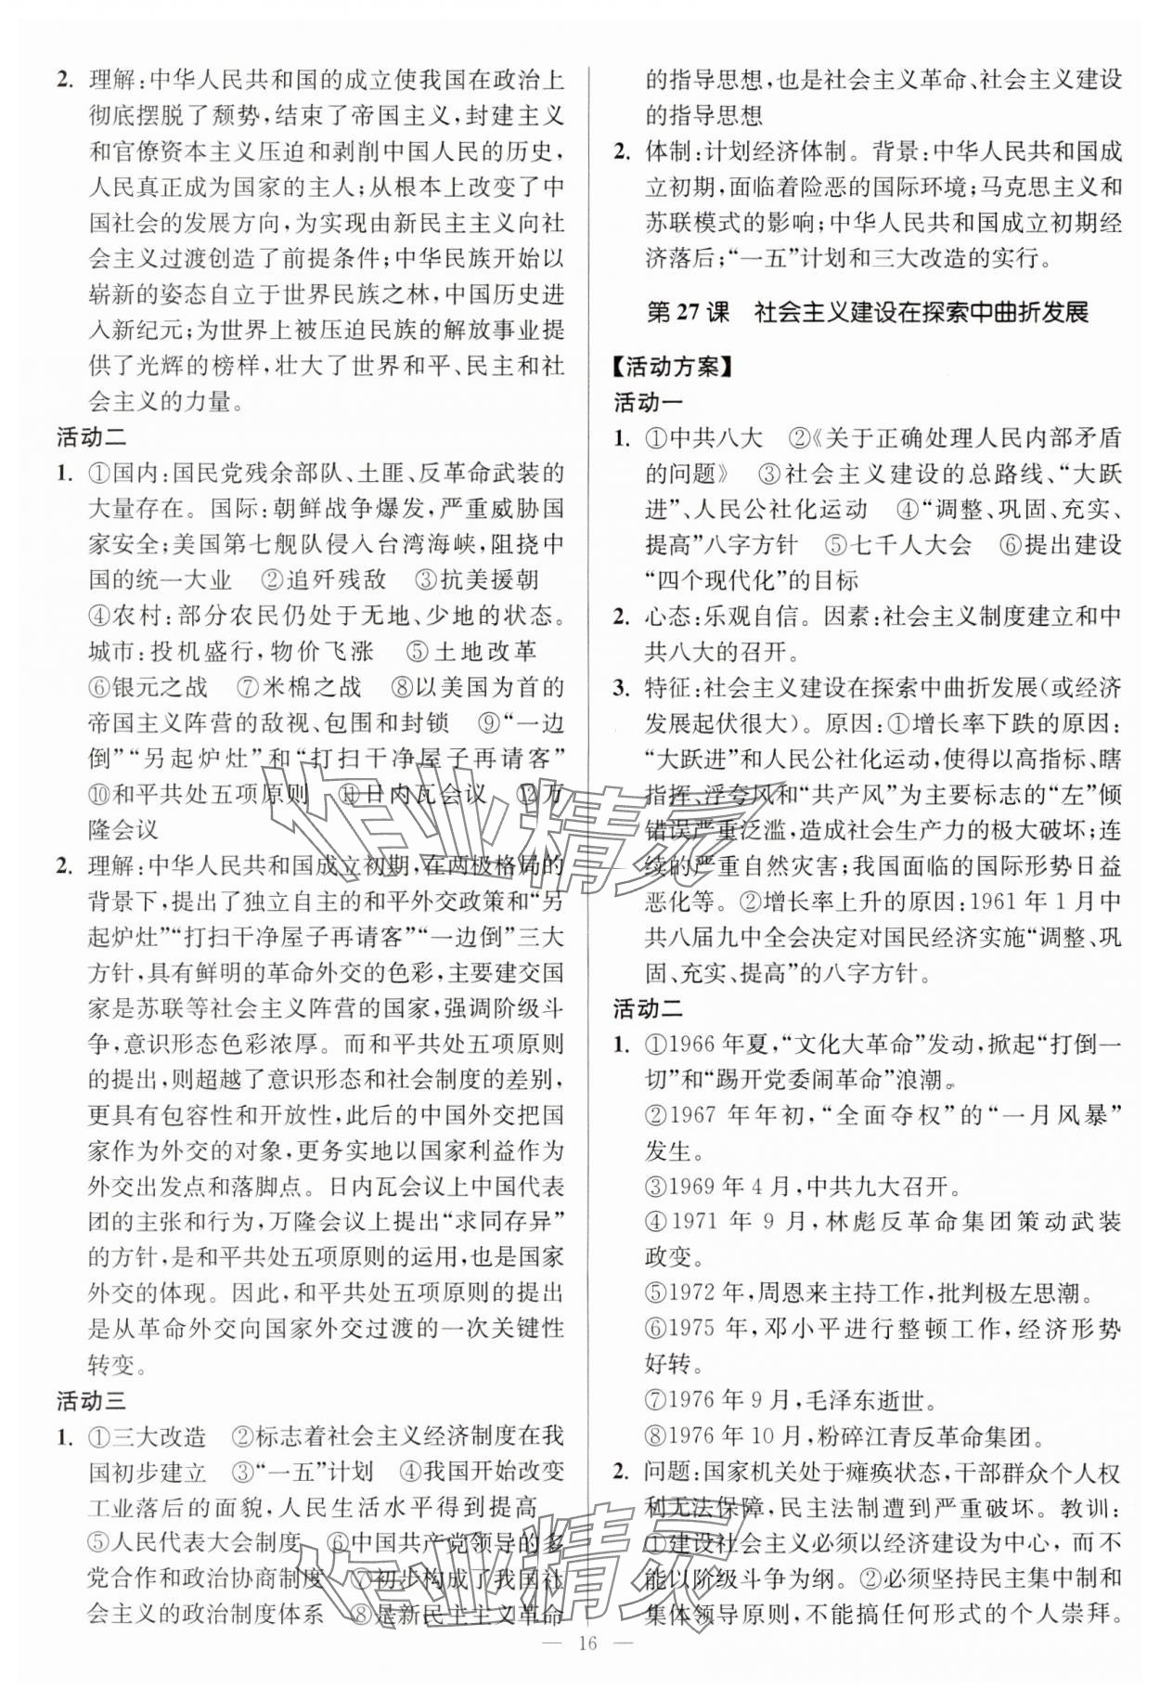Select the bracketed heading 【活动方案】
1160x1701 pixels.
(675, 366)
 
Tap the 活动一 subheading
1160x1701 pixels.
(648, 402)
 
